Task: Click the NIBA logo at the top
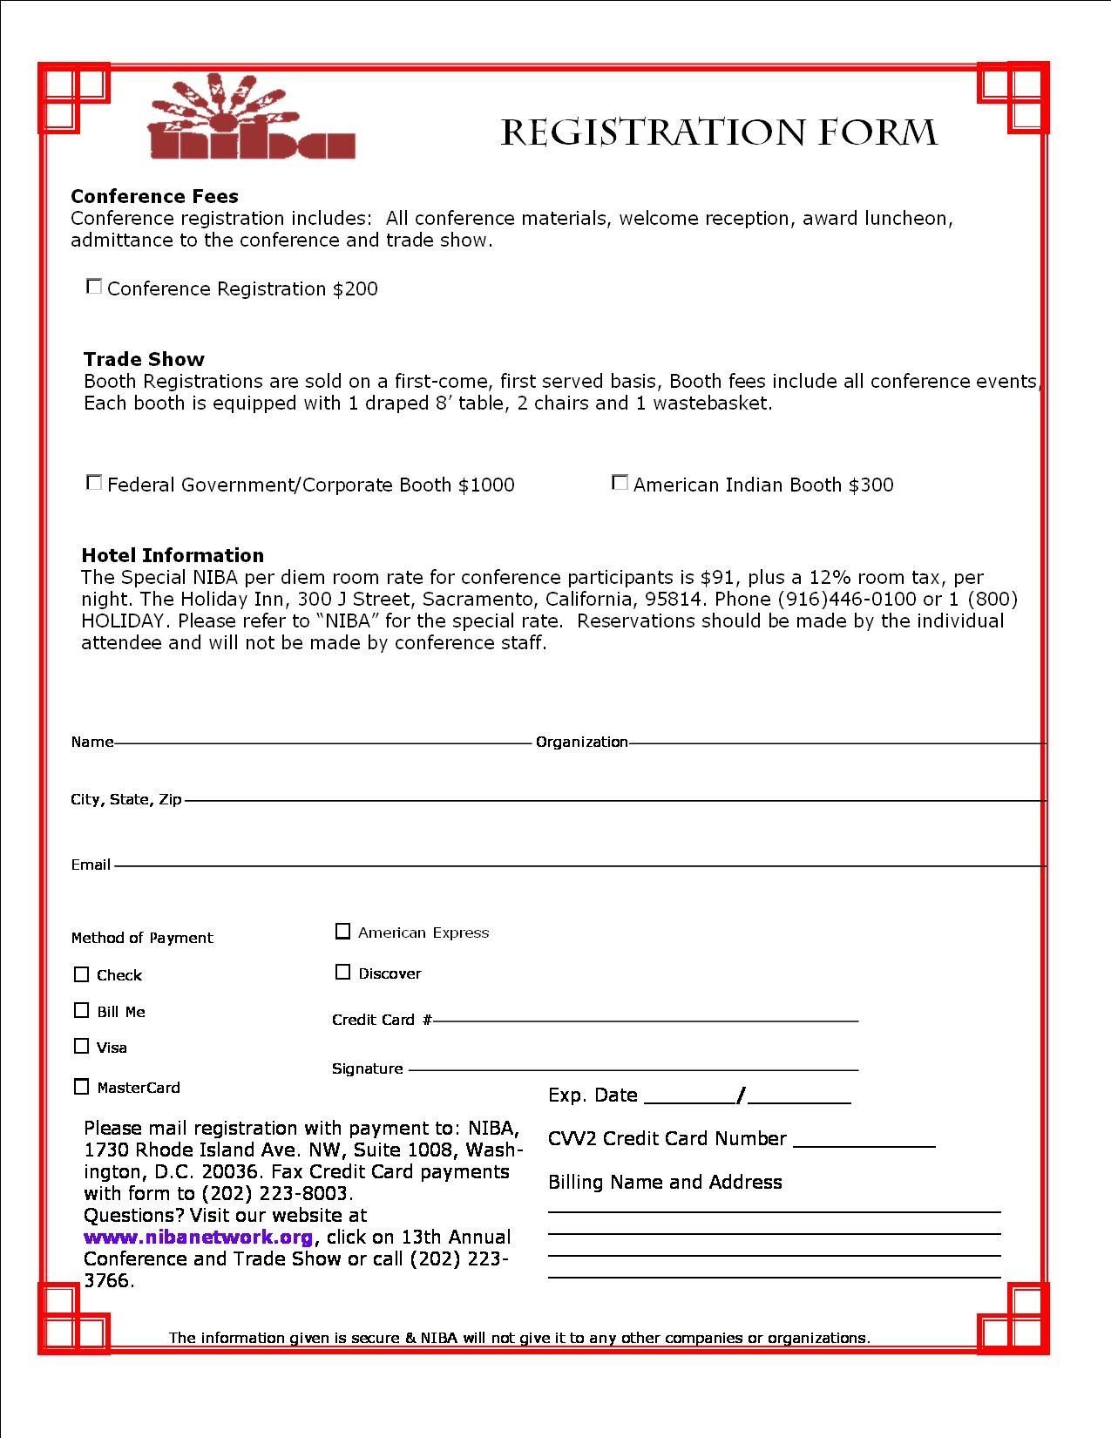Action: pyautogui.click(x=252, y=119)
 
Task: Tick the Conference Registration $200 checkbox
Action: pyautogui.click(x=94, y=286)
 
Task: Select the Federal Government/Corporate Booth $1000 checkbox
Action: pyautogui.click(x=94, y=482)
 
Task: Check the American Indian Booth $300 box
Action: pyautogui.click(x=620, y=482)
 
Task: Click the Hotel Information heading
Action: pyautogui.click(x=173, y=555)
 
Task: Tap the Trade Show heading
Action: pyautogui.click(x=144, y=359)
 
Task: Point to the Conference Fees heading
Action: pyautogui.click(x=154, y=196)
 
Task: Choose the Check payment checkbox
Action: pyautogui.click(x=82, y=974)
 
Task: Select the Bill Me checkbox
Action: pyautogui.click(x=82, y=1010)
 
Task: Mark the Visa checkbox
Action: pyautogui.click(x=82, y=1046)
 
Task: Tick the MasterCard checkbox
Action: pyautogui.click(x=82, y=1087)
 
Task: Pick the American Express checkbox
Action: pyautogui.click(x=342, y=932)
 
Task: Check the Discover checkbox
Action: pyautogui.click(x=342, y=972)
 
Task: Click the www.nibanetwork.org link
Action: pyautogui.click(x=198, y=1237)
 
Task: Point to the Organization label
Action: pyautogui.click(x=581, y=742)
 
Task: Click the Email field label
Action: pyautogui.click(x=91, y=865)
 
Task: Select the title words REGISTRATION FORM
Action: pyautogui.click(x=719, y=132)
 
